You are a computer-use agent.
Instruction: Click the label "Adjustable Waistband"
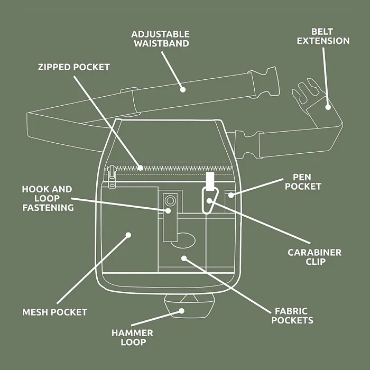click(161, 39)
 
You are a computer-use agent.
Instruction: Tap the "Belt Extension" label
click(323, 36)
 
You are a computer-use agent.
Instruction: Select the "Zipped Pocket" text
click(74, 67)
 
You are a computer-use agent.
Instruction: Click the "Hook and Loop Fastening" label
click(48, 198)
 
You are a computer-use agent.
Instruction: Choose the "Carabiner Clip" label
click(314, 257)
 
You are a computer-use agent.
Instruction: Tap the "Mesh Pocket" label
click(54, 312)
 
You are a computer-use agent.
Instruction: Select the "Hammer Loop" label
click(132, 338)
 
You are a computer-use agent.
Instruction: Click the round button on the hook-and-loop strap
click(170, 201)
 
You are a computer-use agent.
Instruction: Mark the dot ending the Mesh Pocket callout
click(127, 234)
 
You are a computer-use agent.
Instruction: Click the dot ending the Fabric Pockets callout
click(183, 258)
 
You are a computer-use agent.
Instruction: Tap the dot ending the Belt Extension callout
click(328, 107)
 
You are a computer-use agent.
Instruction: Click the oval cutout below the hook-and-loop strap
click(185, 240)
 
